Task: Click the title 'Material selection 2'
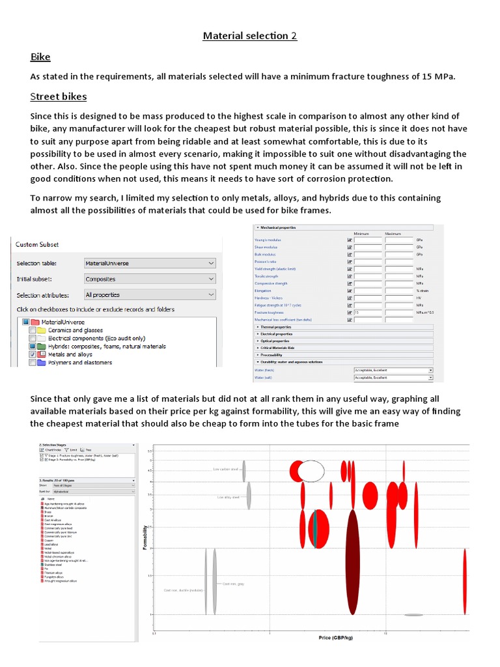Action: click(x=250, y=36)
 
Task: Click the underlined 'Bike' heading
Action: click(x=40, y=57)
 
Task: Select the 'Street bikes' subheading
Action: click(x=59, y=96)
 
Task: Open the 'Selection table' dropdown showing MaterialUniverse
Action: click(x=149, y=263)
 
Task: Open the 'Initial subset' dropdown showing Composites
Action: click(x=149, y=279)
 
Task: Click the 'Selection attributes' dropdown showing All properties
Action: click(x=149, y=295)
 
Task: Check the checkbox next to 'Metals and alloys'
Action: click(x=33, y=354)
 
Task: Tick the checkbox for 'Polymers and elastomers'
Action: click(x=33, y=363)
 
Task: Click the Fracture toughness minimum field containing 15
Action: click(x=367, y=313)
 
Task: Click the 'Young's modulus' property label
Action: click(x=268, y=240)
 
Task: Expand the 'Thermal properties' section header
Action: click(x=277, y=327)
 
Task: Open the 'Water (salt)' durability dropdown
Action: click(x=393, y=378)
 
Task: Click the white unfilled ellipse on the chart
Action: click(x=311, y=470)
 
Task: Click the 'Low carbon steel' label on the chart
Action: click(x=226, y=469)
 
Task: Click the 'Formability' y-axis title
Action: click(x=145, y=537)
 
